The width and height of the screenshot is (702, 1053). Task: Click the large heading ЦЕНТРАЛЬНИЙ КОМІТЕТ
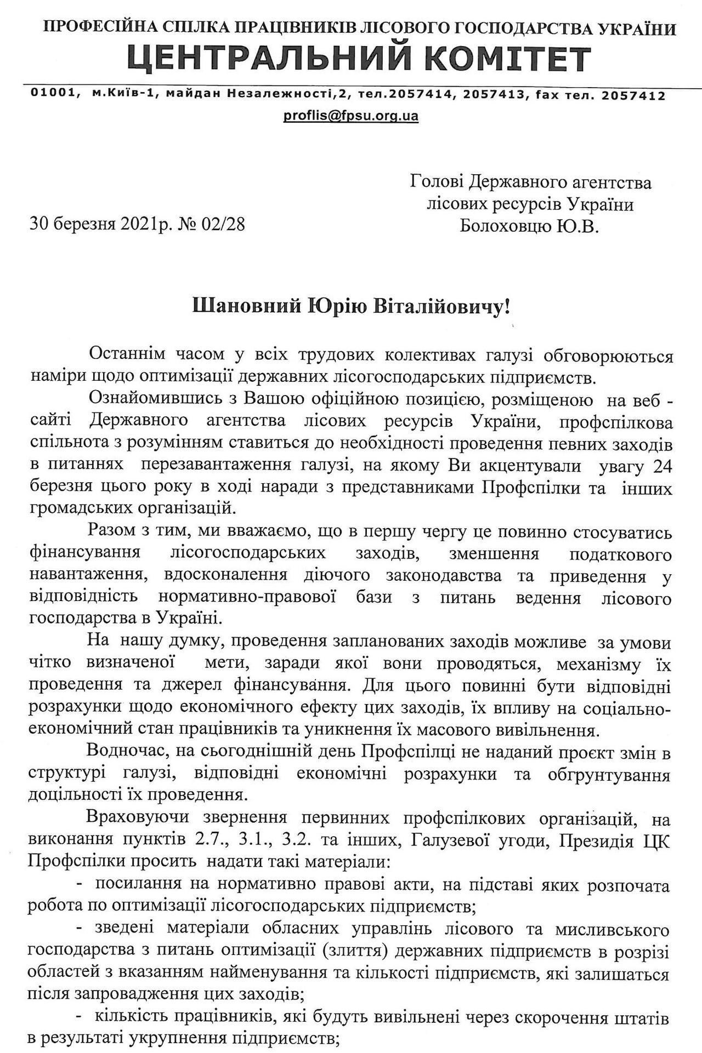359,59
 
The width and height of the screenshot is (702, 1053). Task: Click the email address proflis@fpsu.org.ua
350,116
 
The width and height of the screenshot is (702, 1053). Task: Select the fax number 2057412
633,95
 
